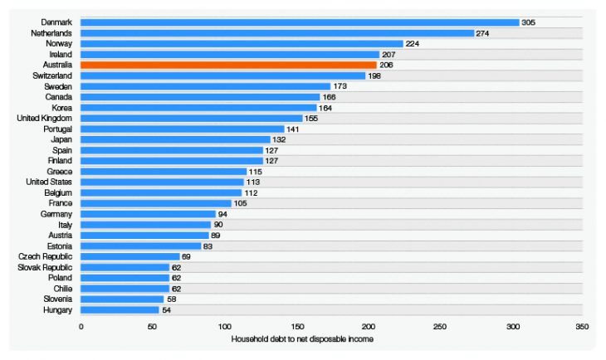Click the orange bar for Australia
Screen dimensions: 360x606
[x=228, y=65]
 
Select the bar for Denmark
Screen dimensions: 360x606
[x=300, y=22]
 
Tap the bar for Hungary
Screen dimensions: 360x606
[x=120, y=309]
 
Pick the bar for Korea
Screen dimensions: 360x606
[x=198, y=108]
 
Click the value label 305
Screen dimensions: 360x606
[x=528, y=22]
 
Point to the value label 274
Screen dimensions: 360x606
[x=483, y=33]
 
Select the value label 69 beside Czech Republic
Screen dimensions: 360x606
[x=188, y=256]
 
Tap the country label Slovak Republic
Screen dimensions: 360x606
[x=46, y=267]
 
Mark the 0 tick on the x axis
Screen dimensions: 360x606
[x=81, y=327]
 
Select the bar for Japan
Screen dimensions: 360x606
[x=176, y=139]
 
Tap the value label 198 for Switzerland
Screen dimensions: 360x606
[x=374, y=75]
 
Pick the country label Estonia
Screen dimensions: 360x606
[x=58, y=246]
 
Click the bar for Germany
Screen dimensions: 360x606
[x=149, y=214]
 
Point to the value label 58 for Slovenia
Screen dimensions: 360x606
[x=172, y=299]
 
